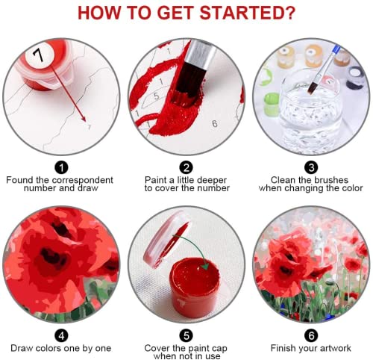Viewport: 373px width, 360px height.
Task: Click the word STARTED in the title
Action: [x=248, y=13]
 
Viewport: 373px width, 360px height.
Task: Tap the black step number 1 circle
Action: [x=61, y=167]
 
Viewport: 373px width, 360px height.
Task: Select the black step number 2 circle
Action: [x=186, y=167]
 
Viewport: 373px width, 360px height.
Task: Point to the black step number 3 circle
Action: [x=311, y=167]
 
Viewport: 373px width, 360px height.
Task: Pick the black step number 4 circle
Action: [x=61, y=335]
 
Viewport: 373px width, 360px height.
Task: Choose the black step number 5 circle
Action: [x=186, y=335]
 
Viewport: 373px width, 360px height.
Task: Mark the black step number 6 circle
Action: [x=311, y=335]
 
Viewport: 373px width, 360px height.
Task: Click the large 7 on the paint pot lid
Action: [x=39, y=55]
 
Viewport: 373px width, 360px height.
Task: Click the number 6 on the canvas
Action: [x=215, y=123]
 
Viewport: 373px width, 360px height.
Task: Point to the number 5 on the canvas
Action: [x=156, y=96]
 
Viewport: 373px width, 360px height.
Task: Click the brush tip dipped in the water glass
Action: [x=312, y=88]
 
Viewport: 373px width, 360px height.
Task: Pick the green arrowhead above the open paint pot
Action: [x=205, y=266]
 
